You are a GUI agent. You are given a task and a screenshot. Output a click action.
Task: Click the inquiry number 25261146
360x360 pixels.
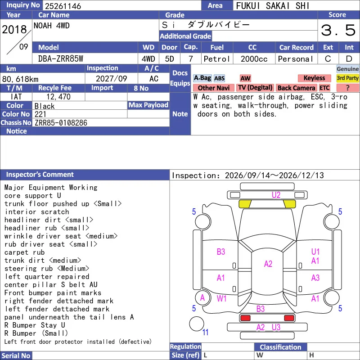point(63,6)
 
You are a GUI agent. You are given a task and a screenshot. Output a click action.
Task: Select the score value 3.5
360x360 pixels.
point(338,30)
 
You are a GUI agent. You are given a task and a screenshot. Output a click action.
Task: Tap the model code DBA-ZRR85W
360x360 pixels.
point(61,59)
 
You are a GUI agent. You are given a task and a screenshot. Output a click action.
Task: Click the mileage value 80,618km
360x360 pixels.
point(20,79)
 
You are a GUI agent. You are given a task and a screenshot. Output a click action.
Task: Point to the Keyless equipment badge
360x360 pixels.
point(314,78)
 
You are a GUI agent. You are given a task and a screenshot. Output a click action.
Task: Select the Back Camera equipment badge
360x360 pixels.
point(296,88)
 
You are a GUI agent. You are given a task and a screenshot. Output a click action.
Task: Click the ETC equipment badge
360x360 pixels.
point(324,88)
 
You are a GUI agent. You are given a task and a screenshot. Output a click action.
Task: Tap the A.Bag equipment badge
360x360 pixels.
point(202,78)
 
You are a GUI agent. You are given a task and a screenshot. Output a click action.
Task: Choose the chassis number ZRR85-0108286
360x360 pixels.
point(61,123)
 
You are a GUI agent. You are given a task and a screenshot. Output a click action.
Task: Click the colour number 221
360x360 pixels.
point(40,114)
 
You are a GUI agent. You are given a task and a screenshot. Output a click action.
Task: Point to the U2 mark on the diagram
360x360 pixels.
point(276,195)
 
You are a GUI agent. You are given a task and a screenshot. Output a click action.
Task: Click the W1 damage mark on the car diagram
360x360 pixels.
point(221,298)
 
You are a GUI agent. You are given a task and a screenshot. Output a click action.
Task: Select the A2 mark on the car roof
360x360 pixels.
point(268,264)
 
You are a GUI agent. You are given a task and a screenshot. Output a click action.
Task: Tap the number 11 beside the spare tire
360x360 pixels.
point(205,332)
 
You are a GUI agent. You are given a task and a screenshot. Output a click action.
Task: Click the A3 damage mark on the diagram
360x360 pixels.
point(315,278)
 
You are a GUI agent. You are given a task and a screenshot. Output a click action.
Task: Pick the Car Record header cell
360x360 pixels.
point(297,47)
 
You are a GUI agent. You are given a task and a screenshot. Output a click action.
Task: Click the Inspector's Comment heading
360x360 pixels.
point(40,175)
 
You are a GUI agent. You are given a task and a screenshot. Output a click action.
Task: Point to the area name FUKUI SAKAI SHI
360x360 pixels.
point(273,6)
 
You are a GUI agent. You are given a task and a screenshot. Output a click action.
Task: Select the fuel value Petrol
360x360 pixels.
point(217,59)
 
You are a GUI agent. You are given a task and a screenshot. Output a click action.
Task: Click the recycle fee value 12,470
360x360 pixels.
point(58,97)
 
